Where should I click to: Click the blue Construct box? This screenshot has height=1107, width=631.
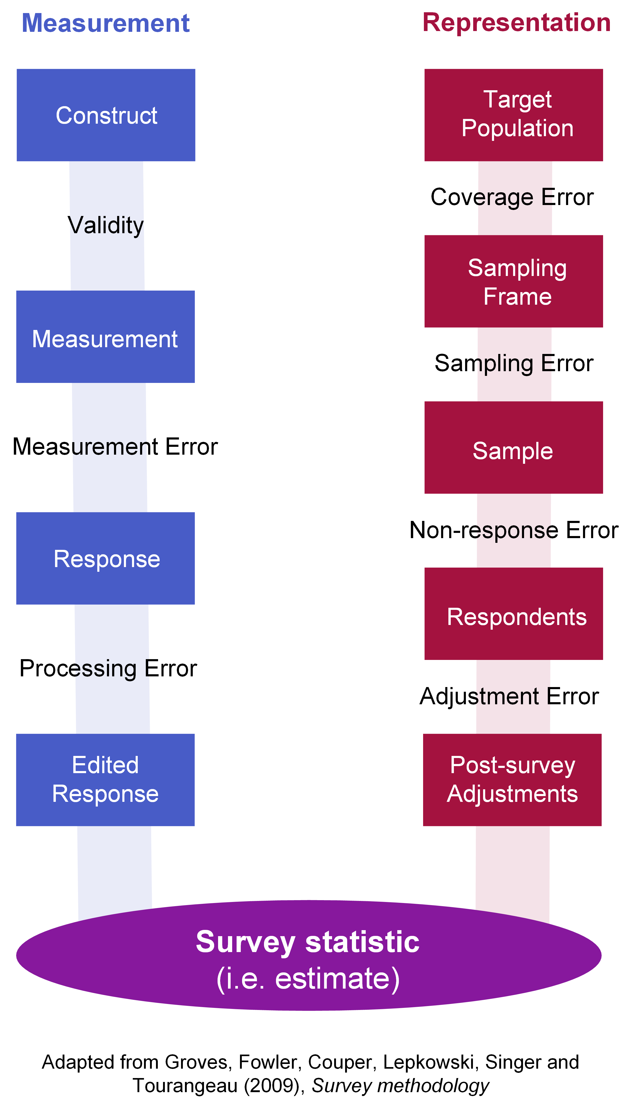click(x=106, y=115)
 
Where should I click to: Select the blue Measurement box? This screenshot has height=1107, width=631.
click(x=105, y=337)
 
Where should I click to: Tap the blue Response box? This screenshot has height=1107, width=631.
click(x=105, y=558)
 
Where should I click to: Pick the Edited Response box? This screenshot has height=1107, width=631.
click(x=105, y=780)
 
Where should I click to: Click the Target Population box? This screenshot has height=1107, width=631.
click(x=514, y=115)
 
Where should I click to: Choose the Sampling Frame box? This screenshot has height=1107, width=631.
click(x=514, y=281)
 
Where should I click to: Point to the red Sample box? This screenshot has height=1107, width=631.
click(x=514, y=448)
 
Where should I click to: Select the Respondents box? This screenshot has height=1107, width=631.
click(x=514, y=614)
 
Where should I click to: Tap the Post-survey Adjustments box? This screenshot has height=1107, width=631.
click(x=512, y=780)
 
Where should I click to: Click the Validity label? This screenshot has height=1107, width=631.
click(x=106, y=226)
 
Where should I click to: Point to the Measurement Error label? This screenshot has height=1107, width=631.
click(x=115, y=447)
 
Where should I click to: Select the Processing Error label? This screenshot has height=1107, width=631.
click(x=108, y=669)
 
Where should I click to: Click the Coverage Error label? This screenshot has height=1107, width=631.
click(x=512, y=197)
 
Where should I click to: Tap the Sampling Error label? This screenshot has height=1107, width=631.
click(x=514, y=364)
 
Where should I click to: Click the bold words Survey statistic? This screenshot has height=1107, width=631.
click(x=308, y=943)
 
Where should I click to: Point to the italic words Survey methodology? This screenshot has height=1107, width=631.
click(x=400, y=1086)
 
